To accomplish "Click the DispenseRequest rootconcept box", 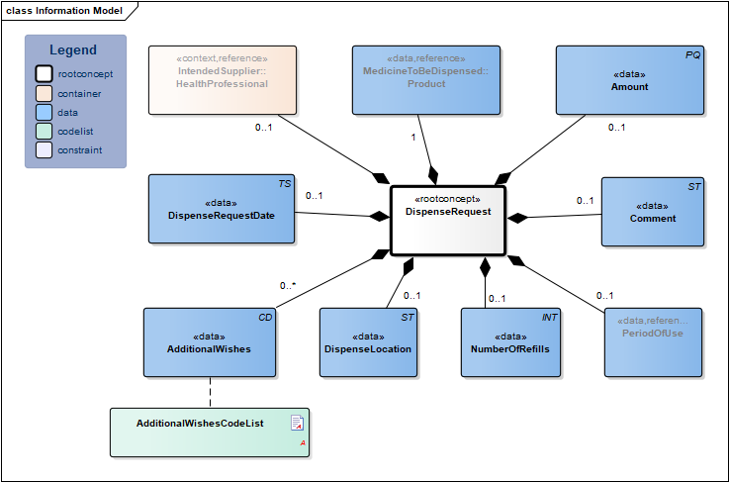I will point(447,219).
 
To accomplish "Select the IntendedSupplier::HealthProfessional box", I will point(222,79).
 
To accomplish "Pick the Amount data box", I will point(629,79).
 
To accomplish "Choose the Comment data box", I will point(653,211).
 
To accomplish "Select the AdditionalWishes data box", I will point(208,341).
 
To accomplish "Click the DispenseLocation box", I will point(368,341).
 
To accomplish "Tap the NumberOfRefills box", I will point(510,341).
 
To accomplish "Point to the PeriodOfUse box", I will point(653,341).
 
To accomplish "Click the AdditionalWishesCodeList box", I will point(209,432).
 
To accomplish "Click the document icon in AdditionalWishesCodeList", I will point(297,424).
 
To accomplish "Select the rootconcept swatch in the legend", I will point(45,74).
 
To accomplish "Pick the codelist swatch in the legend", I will point(45,132).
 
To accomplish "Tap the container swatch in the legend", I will point(45,93).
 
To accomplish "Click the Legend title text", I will point(73,50).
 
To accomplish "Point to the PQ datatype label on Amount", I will point(692,55).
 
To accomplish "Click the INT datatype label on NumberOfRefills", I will point(550,318).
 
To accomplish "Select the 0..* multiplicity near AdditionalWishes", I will point(288,286).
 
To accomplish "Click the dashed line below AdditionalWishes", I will point(209,392).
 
